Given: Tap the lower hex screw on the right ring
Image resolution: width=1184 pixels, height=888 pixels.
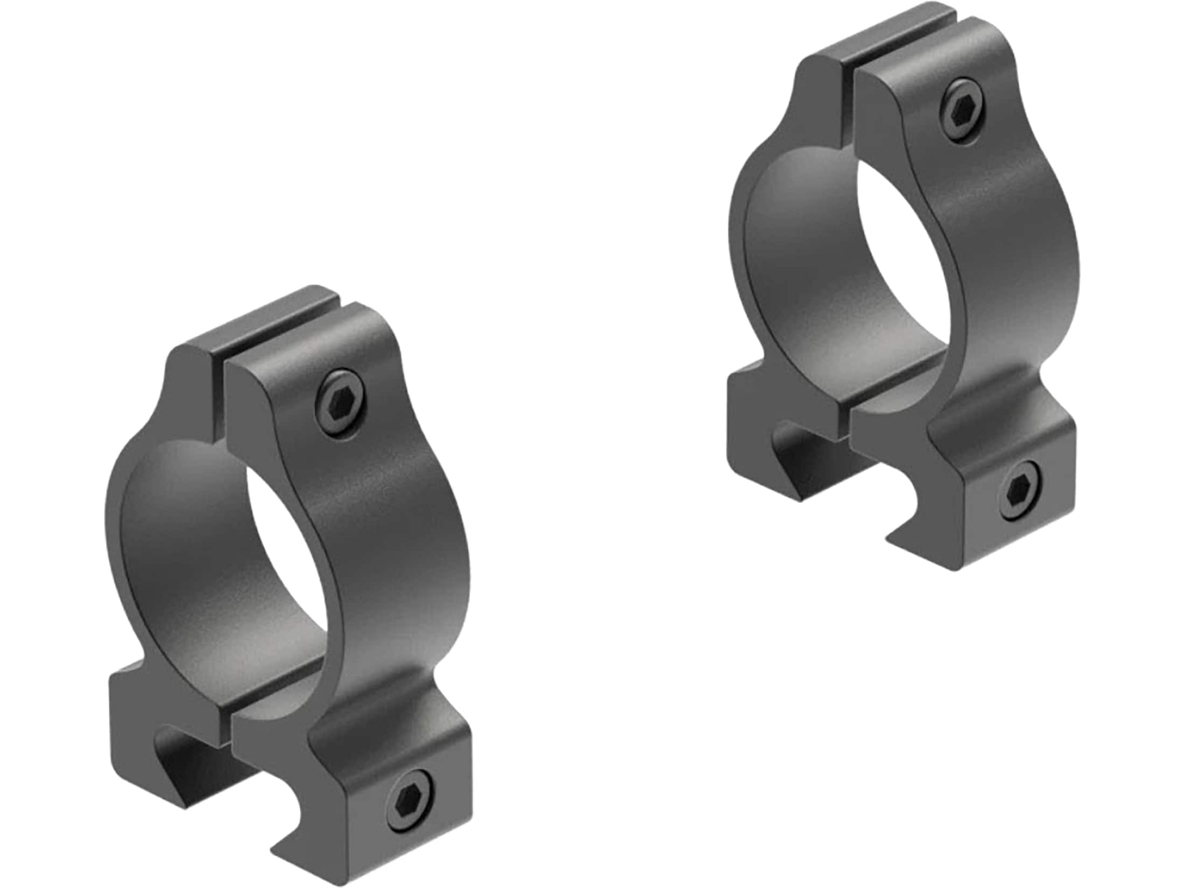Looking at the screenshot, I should (x=1020, y=490).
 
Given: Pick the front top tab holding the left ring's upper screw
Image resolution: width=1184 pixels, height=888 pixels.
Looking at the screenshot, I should (x=301, y=387).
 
